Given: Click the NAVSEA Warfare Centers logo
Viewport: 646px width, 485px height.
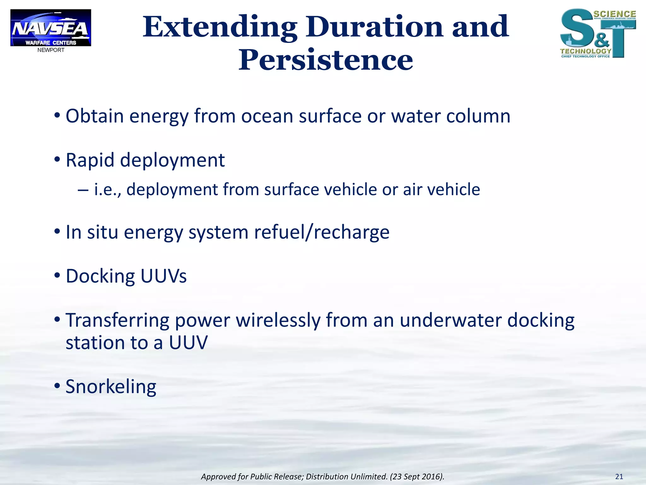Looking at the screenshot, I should (x=50, y=28).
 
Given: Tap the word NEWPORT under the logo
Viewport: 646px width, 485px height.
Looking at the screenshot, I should (x=51, y=50).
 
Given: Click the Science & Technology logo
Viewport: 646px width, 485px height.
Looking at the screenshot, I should (x=597, y=33).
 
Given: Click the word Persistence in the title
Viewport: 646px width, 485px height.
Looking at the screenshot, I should (x=326, y=60).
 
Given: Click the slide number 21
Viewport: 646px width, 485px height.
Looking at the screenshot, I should (x=619, y=476).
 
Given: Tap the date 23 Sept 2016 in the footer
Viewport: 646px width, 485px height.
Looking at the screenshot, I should (x=416, y=477).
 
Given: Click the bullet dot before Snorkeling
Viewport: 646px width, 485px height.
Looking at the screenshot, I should (x=57, y=386).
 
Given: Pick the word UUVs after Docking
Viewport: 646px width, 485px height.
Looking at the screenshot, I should (x=163, y=276).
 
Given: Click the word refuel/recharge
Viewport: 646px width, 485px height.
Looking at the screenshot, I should (x=322, y=232).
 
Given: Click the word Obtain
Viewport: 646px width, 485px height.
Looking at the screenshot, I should (x=94, y=116).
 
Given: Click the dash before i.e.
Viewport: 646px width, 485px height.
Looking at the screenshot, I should (x=83, y=190).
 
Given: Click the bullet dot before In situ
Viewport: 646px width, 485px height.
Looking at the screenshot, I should (x=57, y=232).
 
